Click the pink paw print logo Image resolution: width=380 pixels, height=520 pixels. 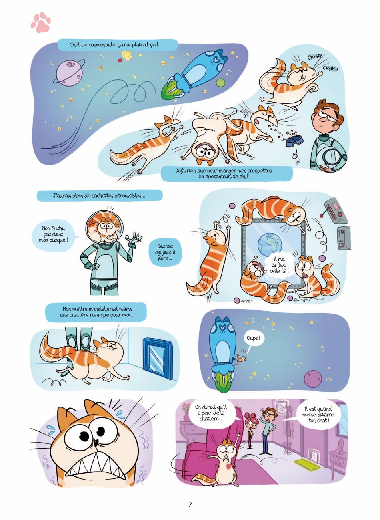(41, 22)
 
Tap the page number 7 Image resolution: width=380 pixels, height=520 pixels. (190, 505)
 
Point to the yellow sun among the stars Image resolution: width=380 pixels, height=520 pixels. (126, 55)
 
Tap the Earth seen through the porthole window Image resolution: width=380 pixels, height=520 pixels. (269, 244)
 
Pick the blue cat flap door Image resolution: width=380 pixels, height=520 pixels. (158, 358)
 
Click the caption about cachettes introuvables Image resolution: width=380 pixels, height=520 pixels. (100, 196)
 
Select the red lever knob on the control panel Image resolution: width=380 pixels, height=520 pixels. (322, 216)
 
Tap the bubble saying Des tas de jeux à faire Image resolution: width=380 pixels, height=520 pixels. (165, 252)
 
